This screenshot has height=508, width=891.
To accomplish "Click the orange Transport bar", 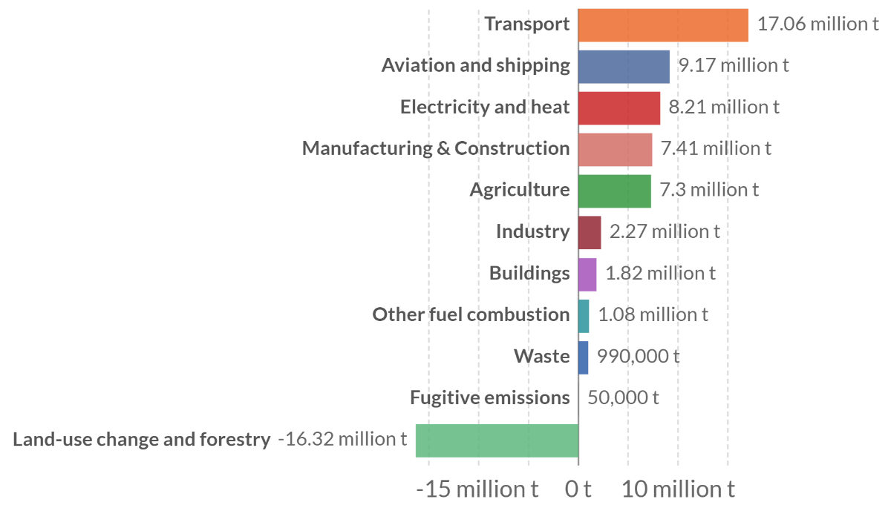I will [662, 24].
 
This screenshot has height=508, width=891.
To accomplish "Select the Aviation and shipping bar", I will [623, 66].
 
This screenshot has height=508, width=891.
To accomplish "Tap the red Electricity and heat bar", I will [619, 108].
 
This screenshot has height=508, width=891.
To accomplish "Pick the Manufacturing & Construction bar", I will [615, 149].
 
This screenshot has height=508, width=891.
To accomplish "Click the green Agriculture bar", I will [614, 191].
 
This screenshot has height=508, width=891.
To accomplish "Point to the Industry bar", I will [590, 232].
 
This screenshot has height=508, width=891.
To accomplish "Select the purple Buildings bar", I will [587, 274].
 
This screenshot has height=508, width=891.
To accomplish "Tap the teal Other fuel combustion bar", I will [584, 315].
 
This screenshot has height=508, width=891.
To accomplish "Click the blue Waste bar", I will [583, 357].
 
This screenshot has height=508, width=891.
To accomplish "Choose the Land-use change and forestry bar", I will [497, 440].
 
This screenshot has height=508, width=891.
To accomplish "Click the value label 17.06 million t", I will [817, 24].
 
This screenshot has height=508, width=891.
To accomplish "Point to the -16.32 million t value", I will [342, 439].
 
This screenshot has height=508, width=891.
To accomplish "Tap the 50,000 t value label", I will [623, 398].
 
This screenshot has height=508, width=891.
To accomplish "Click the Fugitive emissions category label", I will [489, 398].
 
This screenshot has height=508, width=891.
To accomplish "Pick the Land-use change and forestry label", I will [141, 440].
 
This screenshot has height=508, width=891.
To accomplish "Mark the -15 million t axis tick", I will [477, 489].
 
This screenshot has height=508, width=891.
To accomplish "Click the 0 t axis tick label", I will [578, 489].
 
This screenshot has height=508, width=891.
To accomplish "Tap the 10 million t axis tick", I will [678, 489].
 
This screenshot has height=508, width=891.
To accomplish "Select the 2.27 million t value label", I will [665, 231].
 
